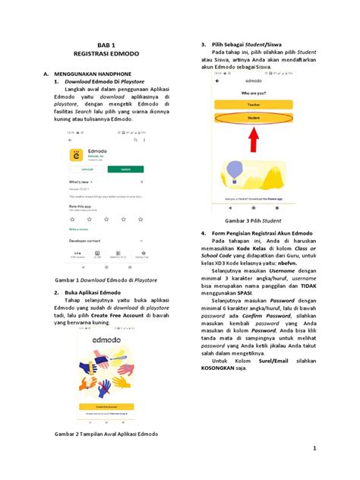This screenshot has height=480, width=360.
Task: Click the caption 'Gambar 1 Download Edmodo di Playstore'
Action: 103,279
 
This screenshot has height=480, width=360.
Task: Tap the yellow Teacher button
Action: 256,104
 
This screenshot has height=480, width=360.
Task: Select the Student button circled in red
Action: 256,118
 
